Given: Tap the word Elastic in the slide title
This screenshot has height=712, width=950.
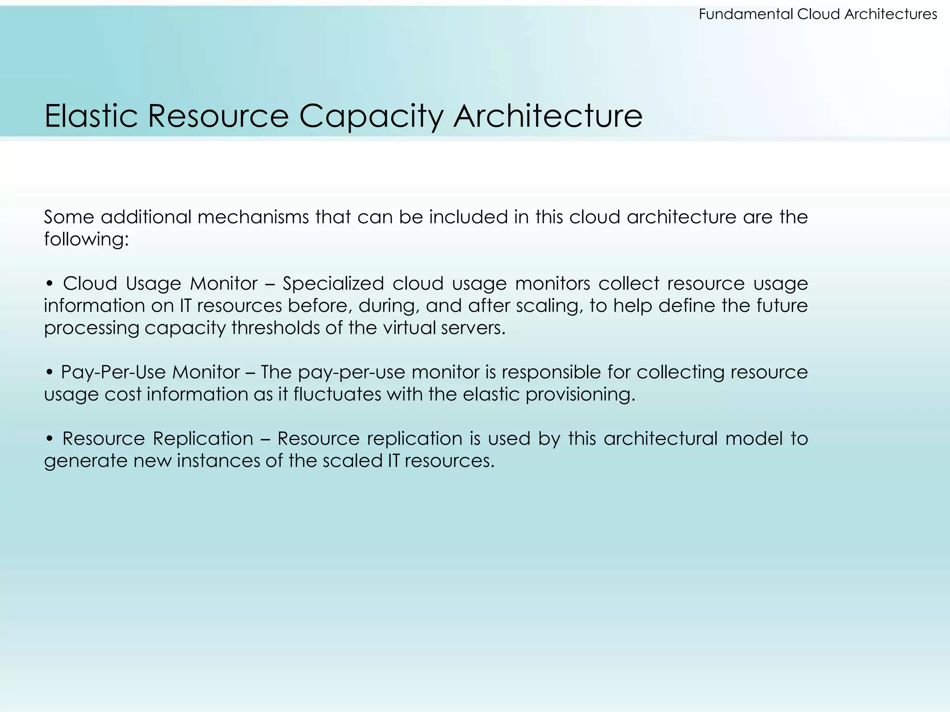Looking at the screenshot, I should (x=91, y=116).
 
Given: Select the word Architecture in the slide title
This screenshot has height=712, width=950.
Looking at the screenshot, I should (x=548, y=116).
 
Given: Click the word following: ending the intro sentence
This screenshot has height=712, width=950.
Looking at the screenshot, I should (x=86, y=240).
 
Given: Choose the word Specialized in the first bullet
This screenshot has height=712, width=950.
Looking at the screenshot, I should (x=333, y=283).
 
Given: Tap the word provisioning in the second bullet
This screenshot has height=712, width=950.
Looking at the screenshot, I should (x=580, y=394).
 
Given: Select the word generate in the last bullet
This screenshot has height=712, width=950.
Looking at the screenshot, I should (x=86, y=461).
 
